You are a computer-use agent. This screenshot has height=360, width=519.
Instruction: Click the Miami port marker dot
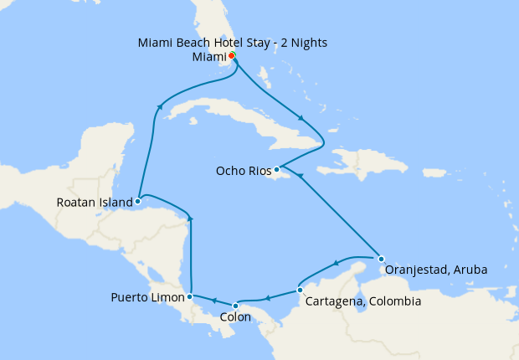click(x=231, y=56)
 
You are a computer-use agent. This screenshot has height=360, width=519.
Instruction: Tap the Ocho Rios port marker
click(x=276, y=169)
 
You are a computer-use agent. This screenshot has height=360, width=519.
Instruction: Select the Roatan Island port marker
click(x=137, y=201)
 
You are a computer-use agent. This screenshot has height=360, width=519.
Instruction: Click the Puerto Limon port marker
click(x=191, y=296)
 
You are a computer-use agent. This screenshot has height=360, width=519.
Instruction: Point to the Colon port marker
click(x=236, y=305)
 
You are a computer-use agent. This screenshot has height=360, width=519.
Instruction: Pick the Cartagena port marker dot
click(x=300, y=291)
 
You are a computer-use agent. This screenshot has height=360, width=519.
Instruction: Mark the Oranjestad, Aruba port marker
click(x=381, y=258)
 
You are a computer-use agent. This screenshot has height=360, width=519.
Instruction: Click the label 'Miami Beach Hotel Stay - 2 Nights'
click(x=230, y=42)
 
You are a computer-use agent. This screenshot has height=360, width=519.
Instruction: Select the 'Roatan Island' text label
click(x=95, y=202)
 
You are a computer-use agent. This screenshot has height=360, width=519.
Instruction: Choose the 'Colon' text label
click(x=234, y=318)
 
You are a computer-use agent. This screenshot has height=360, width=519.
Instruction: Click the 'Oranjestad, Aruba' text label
click(x=435, y=270)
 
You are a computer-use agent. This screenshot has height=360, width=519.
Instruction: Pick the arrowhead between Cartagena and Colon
click(x=267, y=297)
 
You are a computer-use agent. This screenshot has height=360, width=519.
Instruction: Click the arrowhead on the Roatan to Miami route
click(x=159, y=105)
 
